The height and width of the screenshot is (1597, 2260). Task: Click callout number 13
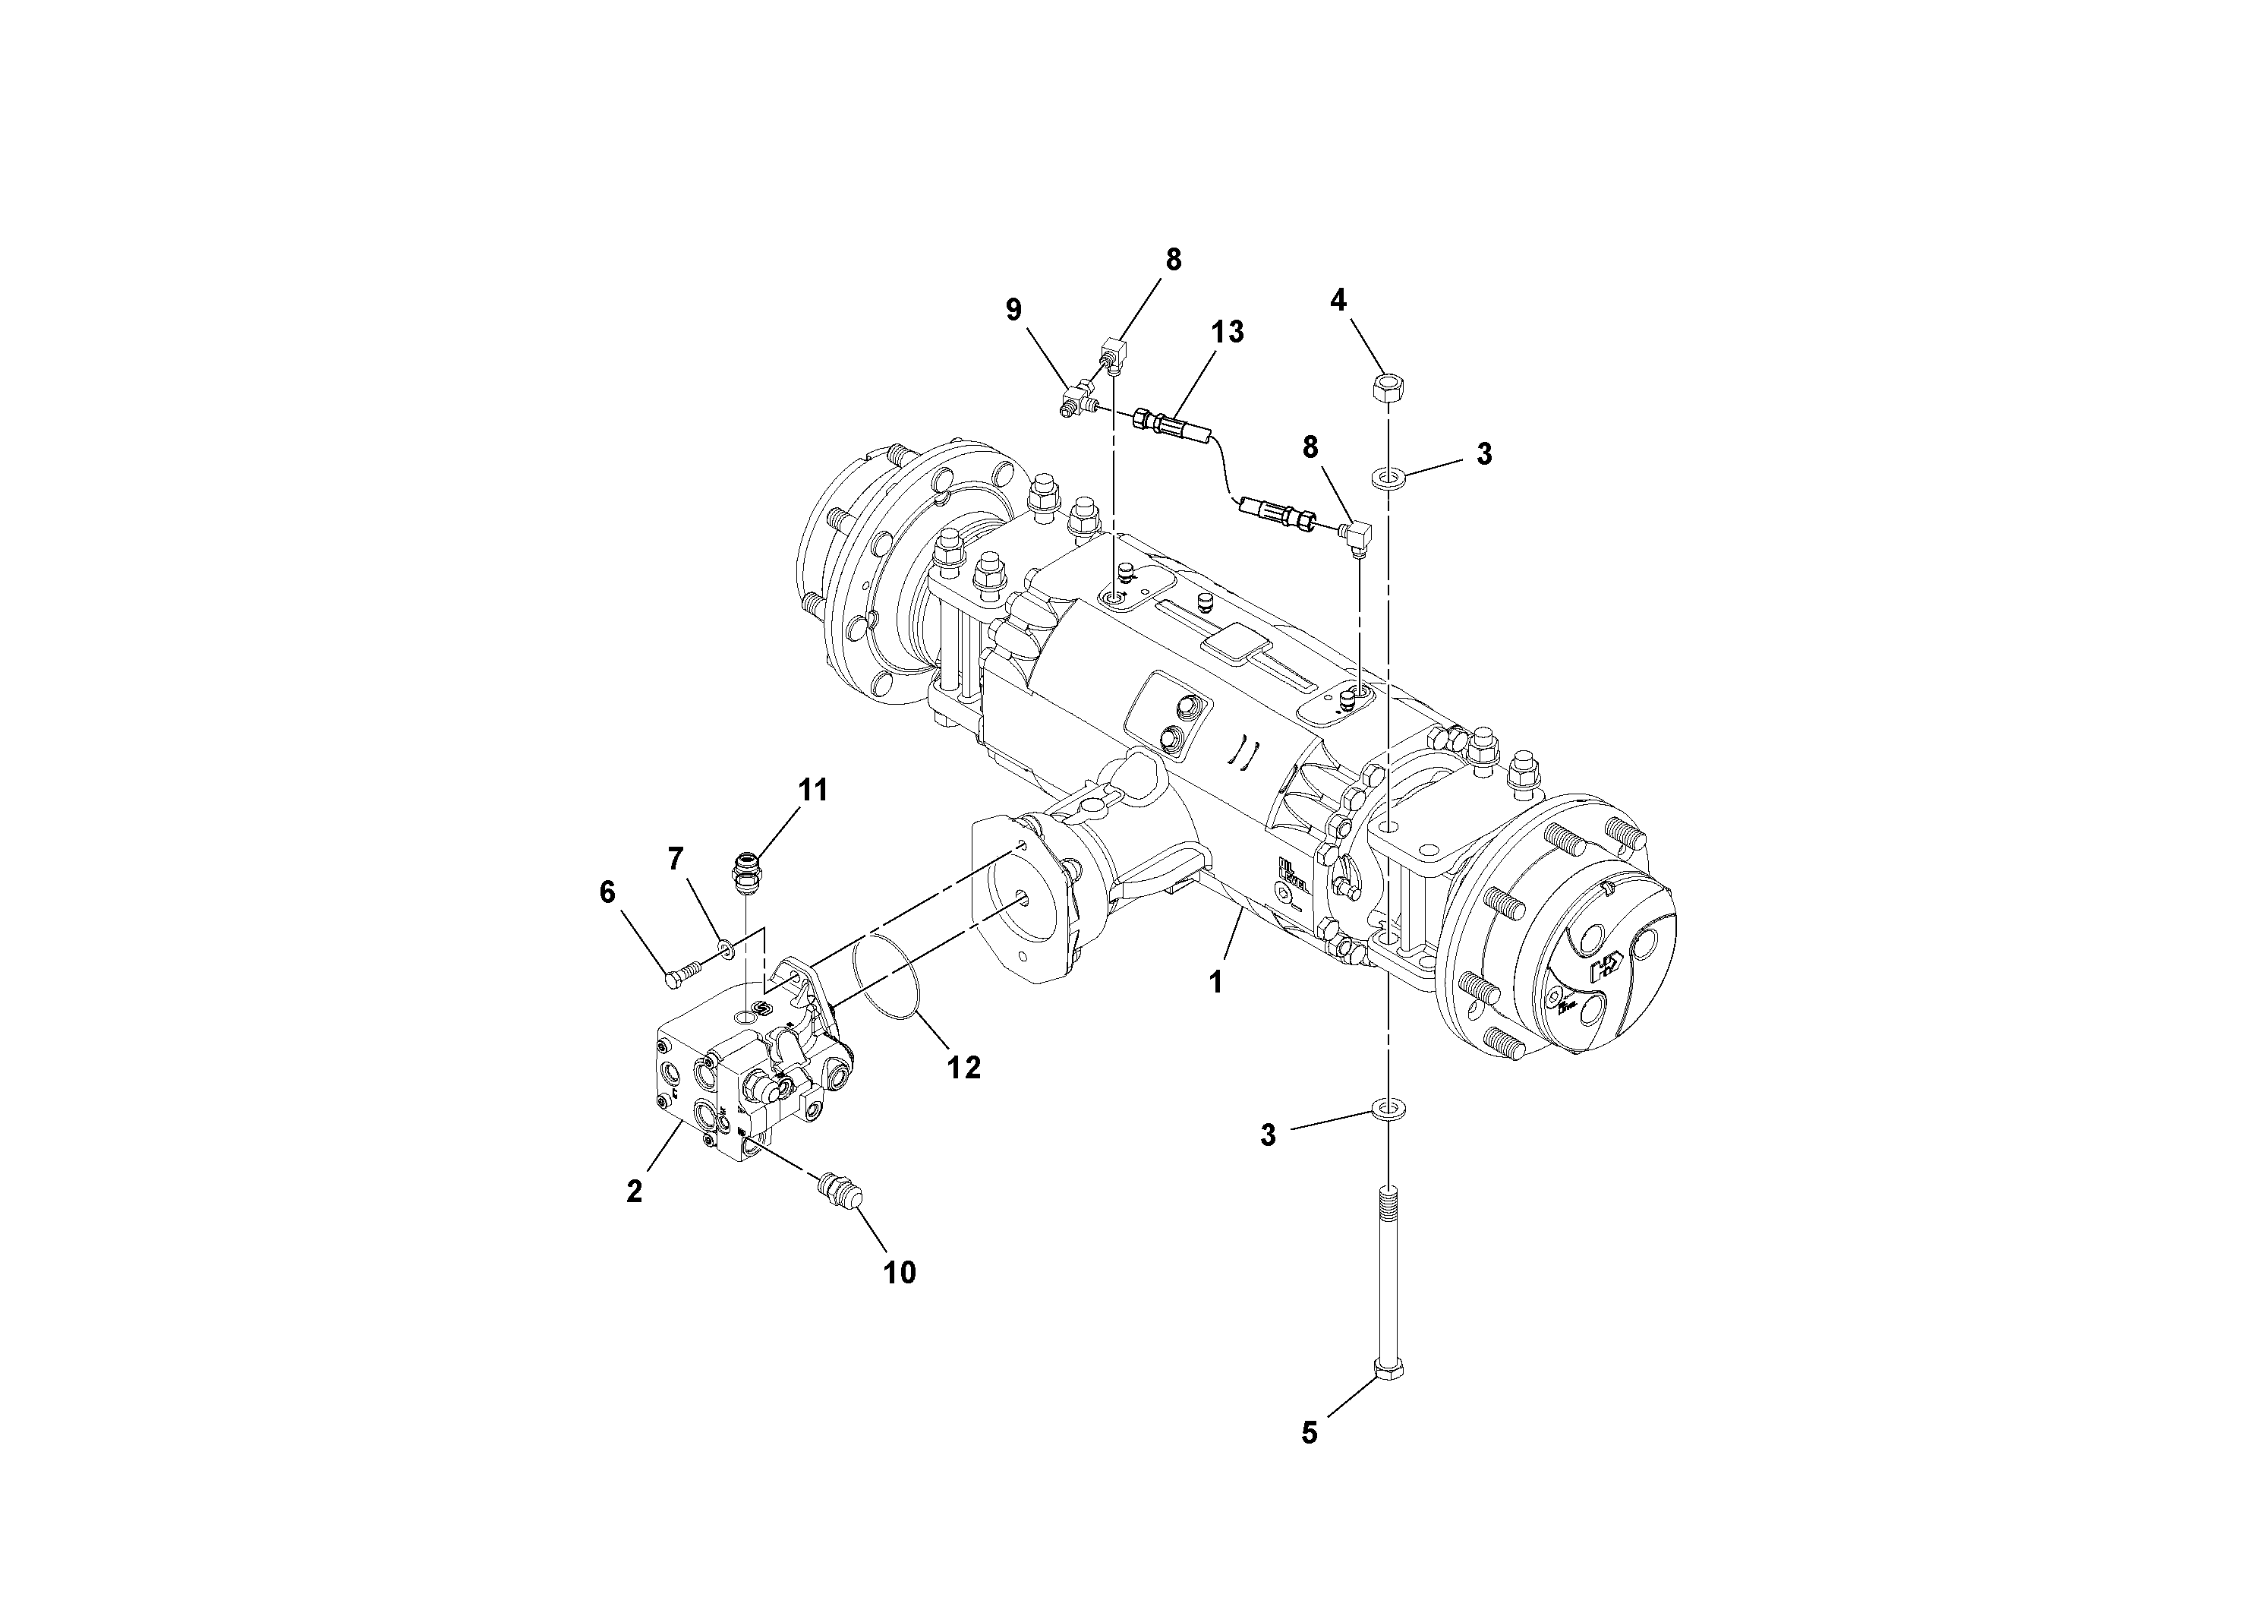tap(1227, 332)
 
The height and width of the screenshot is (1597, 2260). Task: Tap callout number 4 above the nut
tap(1338, 299)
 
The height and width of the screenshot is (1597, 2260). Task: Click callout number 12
tap(963, 1067)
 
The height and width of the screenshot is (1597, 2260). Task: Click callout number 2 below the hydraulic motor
tap(635, 1191)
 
